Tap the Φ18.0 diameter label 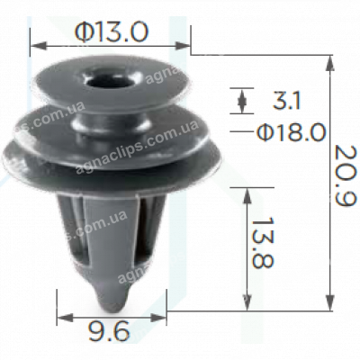(x=290, y=133)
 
